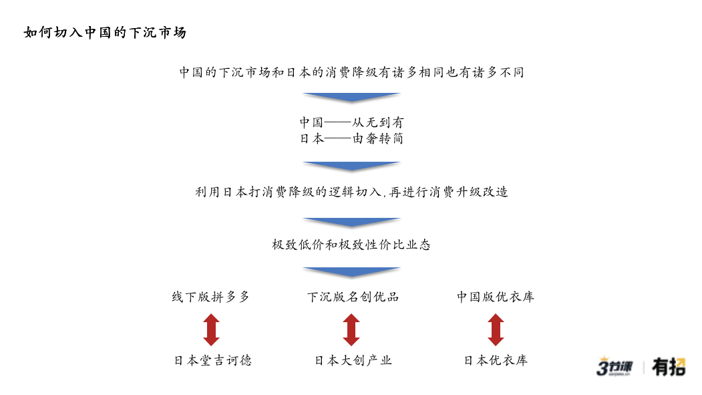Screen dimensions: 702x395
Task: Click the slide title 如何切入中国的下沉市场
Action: tap(105, 32)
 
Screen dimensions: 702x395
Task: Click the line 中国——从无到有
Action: tap(351, 122)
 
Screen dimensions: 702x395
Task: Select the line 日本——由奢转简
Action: tap(351, 138)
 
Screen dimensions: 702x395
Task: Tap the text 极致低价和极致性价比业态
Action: tap(351, 245)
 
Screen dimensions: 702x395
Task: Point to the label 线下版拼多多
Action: tap(211, 297)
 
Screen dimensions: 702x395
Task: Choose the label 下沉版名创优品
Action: tap(353, 297)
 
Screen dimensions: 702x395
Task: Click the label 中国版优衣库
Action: tap(496, 297)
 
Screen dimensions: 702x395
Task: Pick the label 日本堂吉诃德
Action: tap(212, 360)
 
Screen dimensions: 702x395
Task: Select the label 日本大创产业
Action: tap(353, 360)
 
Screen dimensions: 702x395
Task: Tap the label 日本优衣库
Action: tap(496, 360)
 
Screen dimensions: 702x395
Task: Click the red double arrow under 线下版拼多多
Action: tap(211, 330)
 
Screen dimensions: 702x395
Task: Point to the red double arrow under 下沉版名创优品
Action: tap(351, 330)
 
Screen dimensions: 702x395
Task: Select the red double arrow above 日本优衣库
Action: tap(496, 330)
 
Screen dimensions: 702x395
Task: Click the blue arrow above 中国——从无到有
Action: tap(351, 97)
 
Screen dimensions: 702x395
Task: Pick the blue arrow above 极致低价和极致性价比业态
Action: tap(351, 222)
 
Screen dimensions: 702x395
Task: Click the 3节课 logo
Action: tap(615, 366)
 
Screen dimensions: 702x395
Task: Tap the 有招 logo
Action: tap(669, 367)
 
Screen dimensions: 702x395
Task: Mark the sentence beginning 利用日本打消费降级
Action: tap(351, 192)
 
